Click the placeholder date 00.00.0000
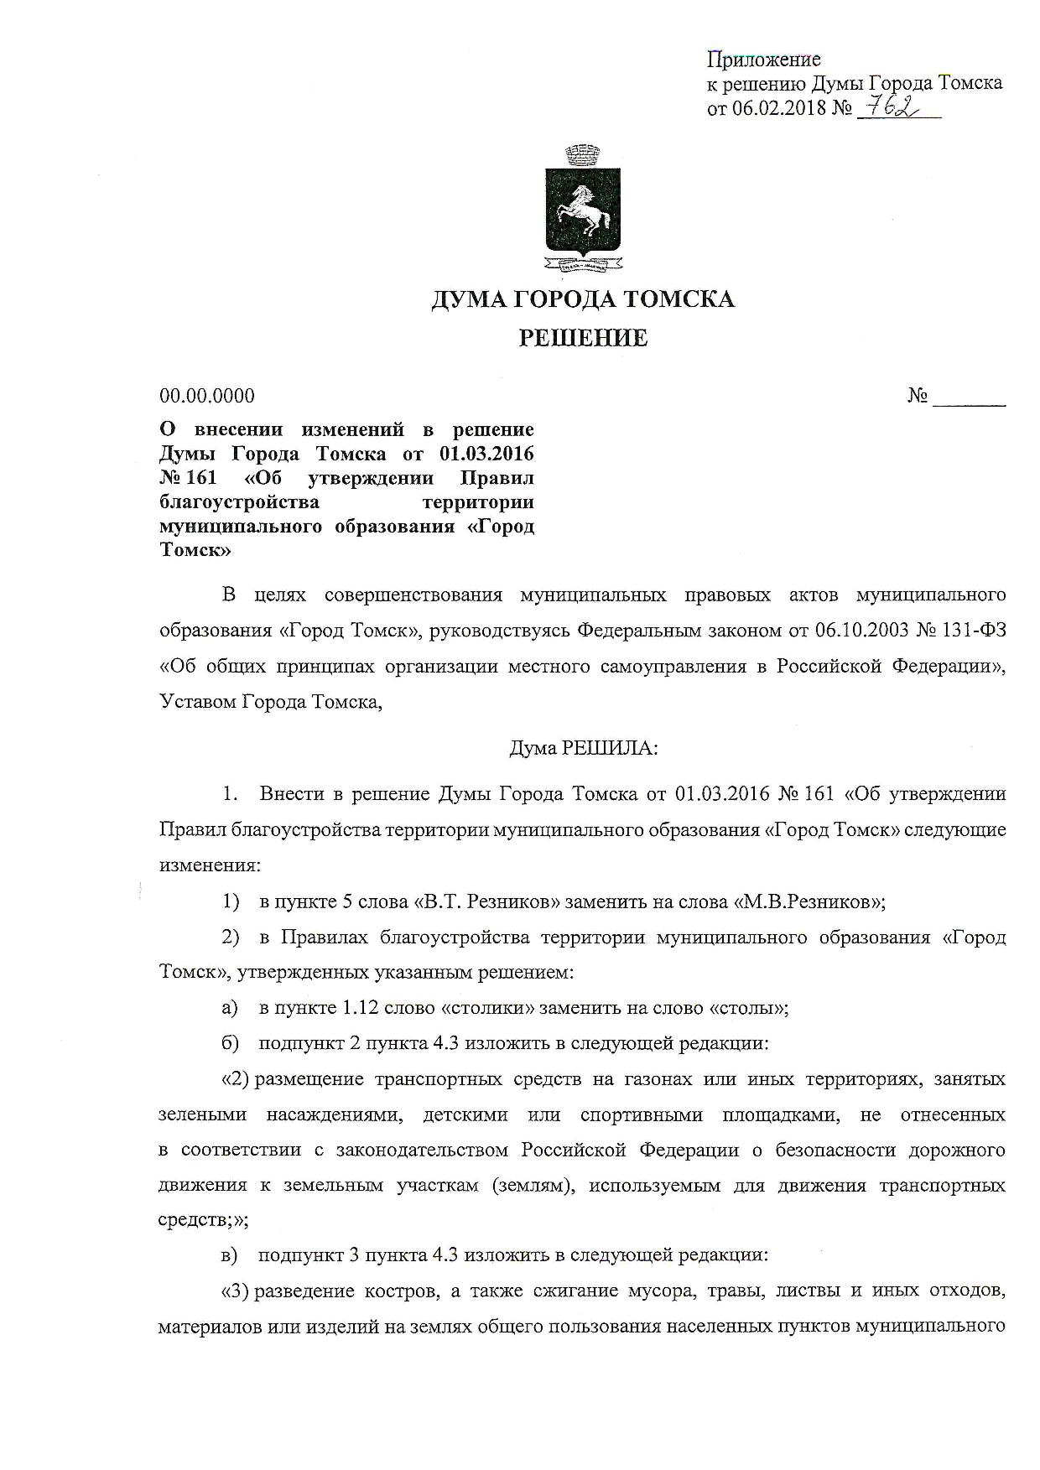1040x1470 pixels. (207, 396)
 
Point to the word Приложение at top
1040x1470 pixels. (764, 60)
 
